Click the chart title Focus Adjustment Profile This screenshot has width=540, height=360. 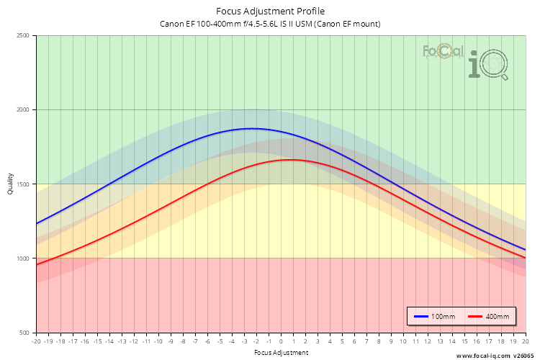click(x=270, y=12)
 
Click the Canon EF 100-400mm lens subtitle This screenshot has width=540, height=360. click(x=270, y=24)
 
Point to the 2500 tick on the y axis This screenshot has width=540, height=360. click(x=23, y=36)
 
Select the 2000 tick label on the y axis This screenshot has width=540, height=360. click(x=23, y=110)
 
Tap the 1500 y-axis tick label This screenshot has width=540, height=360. click(x=23, y=184)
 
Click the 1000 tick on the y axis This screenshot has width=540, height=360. click(x=23, y=258)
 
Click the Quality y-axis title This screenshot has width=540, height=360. click(x=10, y=184)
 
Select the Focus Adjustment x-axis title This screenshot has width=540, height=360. click(x=281, y=353)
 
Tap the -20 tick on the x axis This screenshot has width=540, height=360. click(x=36, y=341)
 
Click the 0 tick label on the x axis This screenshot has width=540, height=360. click(x=281, y=341)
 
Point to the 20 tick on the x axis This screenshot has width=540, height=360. click(x=525, y=341)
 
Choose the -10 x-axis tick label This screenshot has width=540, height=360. click(x=158, y=341)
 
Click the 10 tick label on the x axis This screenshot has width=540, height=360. click(x=403, y=341)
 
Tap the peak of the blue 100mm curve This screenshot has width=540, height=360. click(x=250, y=128)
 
